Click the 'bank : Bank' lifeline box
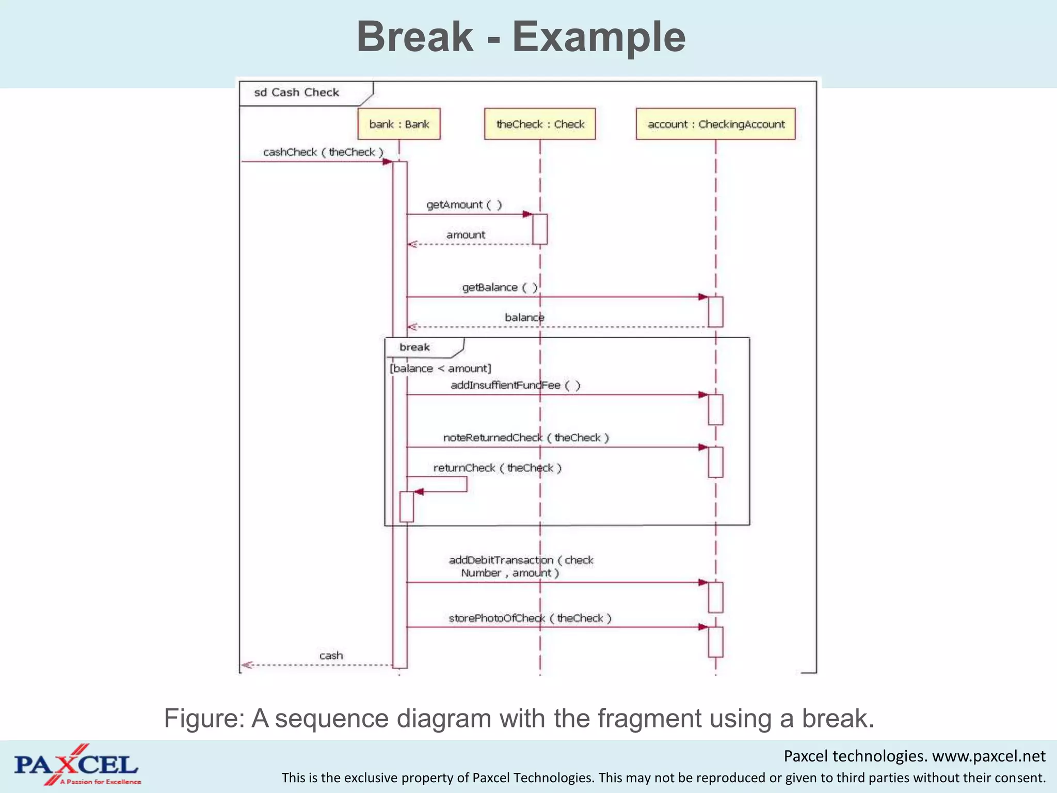click(399, 124)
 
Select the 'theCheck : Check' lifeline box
click(540, 124)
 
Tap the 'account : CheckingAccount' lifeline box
click(715, 124)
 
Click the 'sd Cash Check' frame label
click(297, 92)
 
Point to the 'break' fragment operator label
click(414, 347)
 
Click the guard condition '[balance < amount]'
click(440, 369)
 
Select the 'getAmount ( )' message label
click(463, 205)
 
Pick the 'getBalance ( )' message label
click(499, 288)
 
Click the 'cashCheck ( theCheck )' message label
click(323, 152)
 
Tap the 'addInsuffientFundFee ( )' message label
click(515, 386)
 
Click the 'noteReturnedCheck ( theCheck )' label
click(525, 438)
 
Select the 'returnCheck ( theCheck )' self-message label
click(497, 468)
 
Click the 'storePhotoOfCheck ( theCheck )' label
click(530, 618)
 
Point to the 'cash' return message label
click(331, 656)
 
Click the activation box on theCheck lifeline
click(540, 229)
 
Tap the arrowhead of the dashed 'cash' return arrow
click(247, 665)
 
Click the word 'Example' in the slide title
click(599, 37)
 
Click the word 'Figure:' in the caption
click(204, 719)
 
